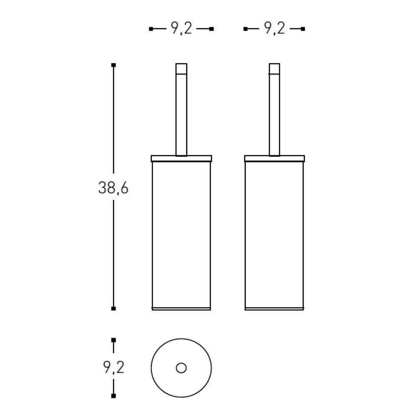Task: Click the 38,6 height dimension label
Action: pyautogui.click(x=113, y=188)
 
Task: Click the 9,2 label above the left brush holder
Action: pyautogui.click(x=181, y=29)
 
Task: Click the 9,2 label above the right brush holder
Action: pyautogui.click(x=274, y=29)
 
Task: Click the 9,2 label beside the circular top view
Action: pyautogui.click(x=113, y=367)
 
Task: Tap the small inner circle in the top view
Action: pyautogui.click(x=181, y=368)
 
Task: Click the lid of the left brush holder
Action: pyautogui.click(x=181, y=158)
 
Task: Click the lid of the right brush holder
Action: pyautogui.click(x=274, y=158)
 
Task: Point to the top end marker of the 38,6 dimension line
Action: pyautogui.click(x=113, y=65)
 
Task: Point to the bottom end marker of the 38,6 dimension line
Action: pyautogui.click(x=113, y=309)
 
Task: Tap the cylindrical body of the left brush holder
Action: pyautogui.click(x=181, y=234)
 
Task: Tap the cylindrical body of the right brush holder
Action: pyautogui.click(x=274, y=234)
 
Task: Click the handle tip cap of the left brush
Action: pyautogui.click(x=181, y=68)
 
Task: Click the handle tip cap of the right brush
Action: pyautogui.click(x=274, y=68)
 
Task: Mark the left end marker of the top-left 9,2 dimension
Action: pyautogui.click(x=151, y=29)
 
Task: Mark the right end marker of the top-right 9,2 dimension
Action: pyautogui.click(x=303, y=29)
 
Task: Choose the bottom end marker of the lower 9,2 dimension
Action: pyautogui.click(x=113, y=395)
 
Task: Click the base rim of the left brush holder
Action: pyautogui.click(x=181, y=309)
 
